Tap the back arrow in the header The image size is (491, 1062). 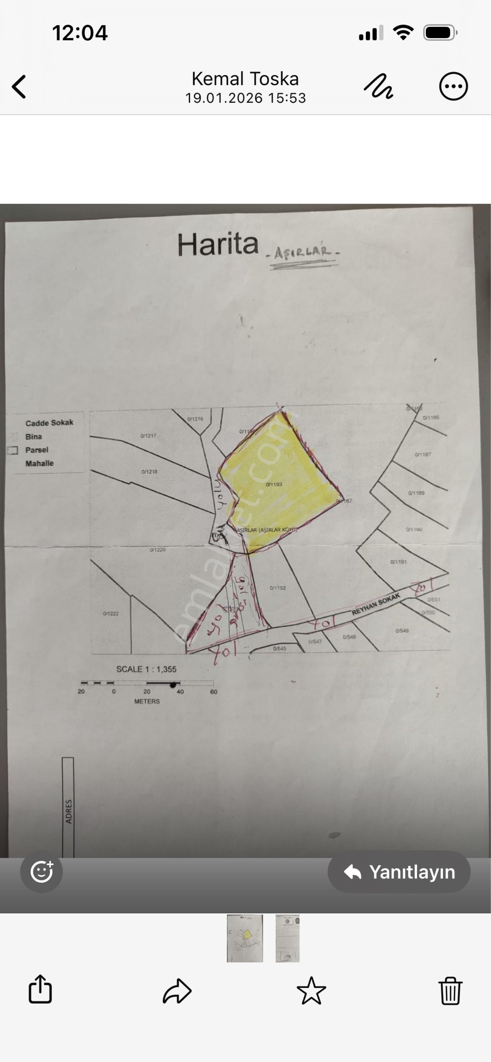pyautogui.click(x=19, y=87)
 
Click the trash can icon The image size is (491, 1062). pyautogui.click(x=450, y=991)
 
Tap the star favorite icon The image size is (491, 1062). pyautogui.click(x=311, y=991)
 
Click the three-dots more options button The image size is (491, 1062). pyautogui.click(x=453, y=87)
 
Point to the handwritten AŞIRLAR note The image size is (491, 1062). pyautogui.click(x=303, y=252)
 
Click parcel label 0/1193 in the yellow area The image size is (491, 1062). pyautogui.click(x=274, y=484)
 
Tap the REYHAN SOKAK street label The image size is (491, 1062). pyautogui.click(x=376, y=604)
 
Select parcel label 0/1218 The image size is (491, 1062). pyautogui.click(x=149, y=472)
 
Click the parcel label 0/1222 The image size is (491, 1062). pyautogui.click(x=111, y=613)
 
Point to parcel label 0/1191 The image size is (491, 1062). pyautogui.click(x=398, y=562)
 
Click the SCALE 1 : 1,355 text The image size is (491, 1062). pyautogui.click(x=146, y=669)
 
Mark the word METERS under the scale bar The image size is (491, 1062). pyautogui.click(x=147, y=701)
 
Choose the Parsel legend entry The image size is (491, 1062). pyautogui.click(x=37, y=450)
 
